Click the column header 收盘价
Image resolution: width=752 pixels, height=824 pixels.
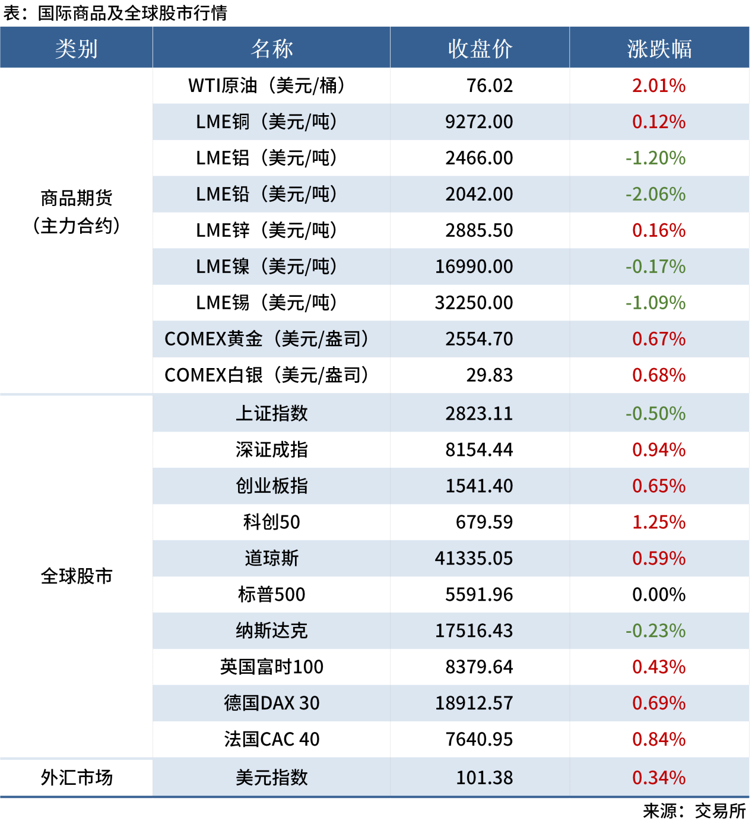tap(480, 49)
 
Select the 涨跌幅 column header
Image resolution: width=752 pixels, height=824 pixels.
tap(659, 49)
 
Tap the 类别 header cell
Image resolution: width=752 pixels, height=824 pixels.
tap(76, 49)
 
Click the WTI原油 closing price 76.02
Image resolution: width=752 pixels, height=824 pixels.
tap(489, 85)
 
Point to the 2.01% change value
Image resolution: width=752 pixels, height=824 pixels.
tap(658, 85)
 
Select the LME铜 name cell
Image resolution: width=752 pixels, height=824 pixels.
tap(266, 122)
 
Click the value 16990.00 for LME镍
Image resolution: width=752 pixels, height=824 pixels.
tap(474, 267)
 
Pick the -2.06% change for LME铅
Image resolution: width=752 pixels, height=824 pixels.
tap(655, 194)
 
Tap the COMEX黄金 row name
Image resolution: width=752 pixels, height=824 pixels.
tap(266, 339)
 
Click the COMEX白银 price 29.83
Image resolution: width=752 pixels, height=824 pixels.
tap(489, 375)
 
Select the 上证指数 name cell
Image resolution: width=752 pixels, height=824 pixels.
tap(271, 413)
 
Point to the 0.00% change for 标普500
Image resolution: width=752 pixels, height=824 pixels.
tap(658, 594)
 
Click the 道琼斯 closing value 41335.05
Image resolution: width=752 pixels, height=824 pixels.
tap(474, 558)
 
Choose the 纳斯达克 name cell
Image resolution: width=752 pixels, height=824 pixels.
tap(271, 630)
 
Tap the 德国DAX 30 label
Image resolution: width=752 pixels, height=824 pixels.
tap(271, 703)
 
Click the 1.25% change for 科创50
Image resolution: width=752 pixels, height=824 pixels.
tap(658, 522)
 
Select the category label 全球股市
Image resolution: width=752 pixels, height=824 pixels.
tap(76, 576)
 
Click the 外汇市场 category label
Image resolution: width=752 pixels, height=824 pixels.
tap(76, 777)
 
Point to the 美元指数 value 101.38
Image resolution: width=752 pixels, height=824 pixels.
tap(484, 778)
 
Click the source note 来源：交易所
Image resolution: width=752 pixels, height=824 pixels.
tap(694, 811)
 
